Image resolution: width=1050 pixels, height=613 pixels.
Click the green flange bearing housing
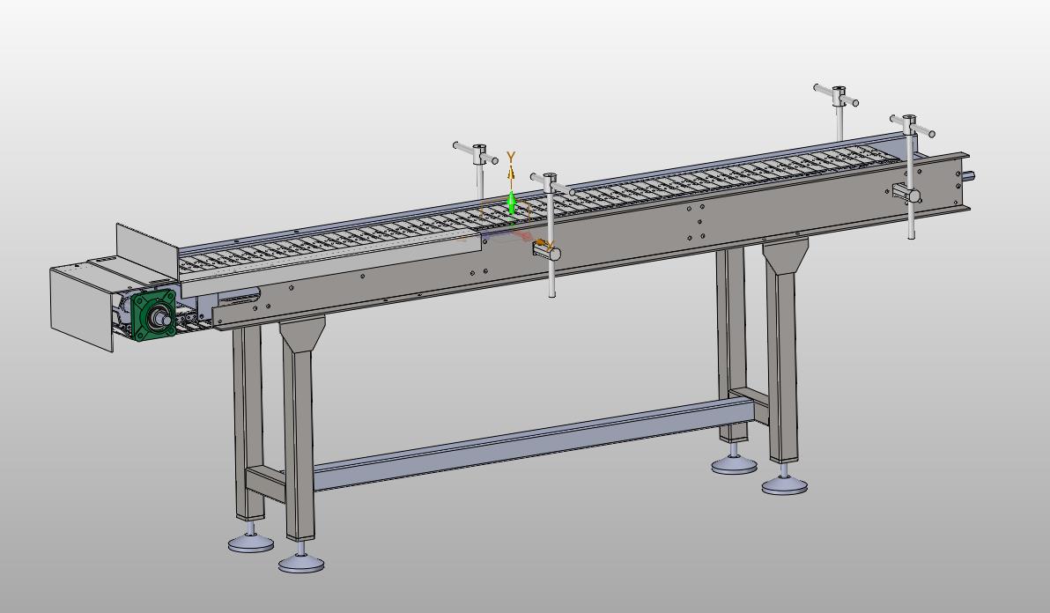(x=154, y=314)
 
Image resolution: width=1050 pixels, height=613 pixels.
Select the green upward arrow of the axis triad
(x=512, y=203)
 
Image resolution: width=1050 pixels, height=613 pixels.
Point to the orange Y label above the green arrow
(x=511, y=158)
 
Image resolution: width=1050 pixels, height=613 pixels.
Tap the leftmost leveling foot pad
(x=250, y=543)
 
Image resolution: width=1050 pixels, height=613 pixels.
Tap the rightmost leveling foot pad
(x=784, y=486)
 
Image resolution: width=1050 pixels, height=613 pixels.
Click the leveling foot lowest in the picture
(x=301, y=564)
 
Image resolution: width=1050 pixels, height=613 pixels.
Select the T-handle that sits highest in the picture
(x=836, y=96)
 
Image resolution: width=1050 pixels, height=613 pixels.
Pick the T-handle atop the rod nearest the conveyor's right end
(x=912, y=126)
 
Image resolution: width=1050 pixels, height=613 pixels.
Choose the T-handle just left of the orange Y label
(x=476, y=153)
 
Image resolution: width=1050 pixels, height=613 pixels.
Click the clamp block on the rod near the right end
(x=906, y=195)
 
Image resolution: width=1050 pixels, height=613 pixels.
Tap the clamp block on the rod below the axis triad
(x=546, y=251)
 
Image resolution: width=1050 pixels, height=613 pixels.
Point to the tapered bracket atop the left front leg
(x=302, y=333)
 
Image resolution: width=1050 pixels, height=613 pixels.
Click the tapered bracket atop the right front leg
(x=786, y=255)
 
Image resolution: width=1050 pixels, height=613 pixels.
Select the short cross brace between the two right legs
(x=750, y=402)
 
